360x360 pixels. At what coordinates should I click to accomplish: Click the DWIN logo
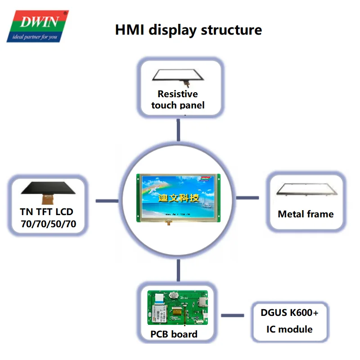pos(37,26)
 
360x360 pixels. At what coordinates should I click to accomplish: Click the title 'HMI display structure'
pos(189,30)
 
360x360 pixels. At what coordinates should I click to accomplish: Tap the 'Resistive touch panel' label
pos(178,99)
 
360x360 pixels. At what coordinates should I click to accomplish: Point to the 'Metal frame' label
pos(306,214)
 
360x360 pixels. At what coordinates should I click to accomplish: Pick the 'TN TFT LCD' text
pos(46,211)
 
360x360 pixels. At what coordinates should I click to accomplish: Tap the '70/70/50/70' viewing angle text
pos(48,224)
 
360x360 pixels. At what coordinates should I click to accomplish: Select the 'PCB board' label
pos(174,334)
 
